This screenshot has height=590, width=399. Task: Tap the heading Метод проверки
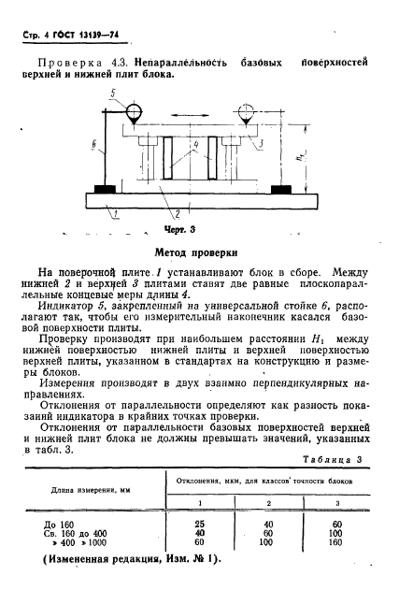click(x=199, y=252)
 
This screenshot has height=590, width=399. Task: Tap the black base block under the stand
click(x=100, y=190)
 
